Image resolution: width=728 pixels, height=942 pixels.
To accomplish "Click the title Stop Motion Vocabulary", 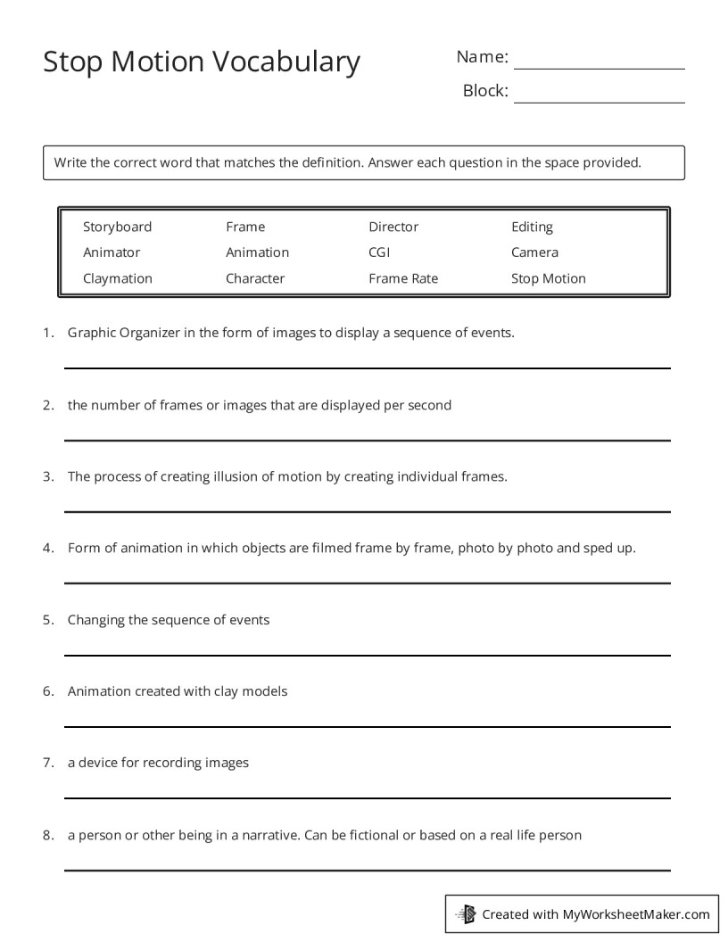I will coord(202,62).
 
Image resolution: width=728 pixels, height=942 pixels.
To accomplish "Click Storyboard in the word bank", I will coord(117,227).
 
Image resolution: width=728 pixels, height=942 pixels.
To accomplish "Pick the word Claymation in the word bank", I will coord(117,278).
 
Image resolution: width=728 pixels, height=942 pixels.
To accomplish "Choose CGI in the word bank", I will coord(379,252).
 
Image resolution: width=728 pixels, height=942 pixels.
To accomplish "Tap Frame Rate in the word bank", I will coord(403,278).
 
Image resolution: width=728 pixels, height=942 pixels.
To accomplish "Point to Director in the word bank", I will coord(393,227).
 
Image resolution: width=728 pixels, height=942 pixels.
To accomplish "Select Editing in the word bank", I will coord(532,227).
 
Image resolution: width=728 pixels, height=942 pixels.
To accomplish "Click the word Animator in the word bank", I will coord(112,252).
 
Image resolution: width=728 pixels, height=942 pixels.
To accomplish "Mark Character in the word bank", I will coord(255,278).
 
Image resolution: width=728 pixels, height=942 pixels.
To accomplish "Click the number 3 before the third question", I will coord(47,476).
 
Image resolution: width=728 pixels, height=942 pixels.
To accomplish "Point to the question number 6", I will coord(47,691).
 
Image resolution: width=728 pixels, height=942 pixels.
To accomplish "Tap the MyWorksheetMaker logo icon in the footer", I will coord(466,913).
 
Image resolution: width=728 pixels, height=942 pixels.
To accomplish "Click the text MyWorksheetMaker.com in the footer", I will coord(636,913).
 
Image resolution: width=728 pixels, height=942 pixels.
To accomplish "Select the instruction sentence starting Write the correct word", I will coord(347,162).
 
